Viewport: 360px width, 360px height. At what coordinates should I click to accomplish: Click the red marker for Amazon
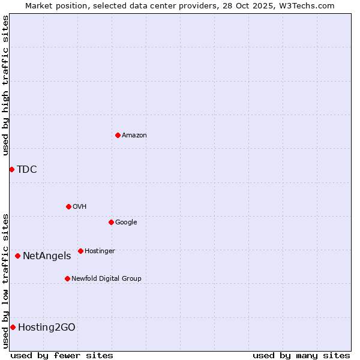118,135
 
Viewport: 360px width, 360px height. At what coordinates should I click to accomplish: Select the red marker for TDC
11,169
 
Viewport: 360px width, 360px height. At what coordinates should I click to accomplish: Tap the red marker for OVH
68,206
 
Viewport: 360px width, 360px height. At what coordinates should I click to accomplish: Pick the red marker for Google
111,222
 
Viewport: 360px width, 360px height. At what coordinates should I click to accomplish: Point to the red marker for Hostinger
80,251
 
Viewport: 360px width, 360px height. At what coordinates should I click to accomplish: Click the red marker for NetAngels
17,256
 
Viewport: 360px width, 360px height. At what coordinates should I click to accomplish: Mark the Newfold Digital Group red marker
67,278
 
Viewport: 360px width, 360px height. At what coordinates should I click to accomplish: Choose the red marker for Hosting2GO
13,327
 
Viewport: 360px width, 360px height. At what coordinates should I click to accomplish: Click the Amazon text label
134,136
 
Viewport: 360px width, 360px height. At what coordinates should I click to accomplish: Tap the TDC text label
27,170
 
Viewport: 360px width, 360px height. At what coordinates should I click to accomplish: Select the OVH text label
80,207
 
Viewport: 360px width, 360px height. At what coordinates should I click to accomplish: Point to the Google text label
126,223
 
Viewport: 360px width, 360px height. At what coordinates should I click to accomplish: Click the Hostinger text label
100,251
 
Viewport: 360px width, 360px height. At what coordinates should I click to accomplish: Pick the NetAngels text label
47,256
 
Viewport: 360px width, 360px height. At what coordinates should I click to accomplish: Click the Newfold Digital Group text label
106,279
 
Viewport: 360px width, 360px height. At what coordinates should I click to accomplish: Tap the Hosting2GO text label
47,328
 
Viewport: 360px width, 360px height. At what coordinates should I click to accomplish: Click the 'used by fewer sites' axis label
62,355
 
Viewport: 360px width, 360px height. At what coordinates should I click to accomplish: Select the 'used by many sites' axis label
301,355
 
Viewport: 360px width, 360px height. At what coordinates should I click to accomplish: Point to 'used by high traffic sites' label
5,85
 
